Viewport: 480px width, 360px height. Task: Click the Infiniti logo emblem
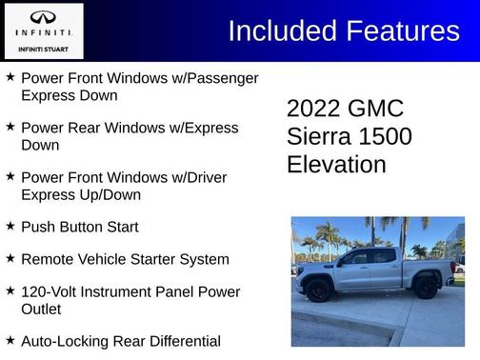43,18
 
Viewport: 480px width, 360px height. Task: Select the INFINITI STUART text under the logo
43,49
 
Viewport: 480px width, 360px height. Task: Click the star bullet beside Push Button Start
10,227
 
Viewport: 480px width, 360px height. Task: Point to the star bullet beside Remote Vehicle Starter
10,259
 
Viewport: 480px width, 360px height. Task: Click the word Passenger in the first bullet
223,77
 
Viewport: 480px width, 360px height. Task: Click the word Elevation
336,164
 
